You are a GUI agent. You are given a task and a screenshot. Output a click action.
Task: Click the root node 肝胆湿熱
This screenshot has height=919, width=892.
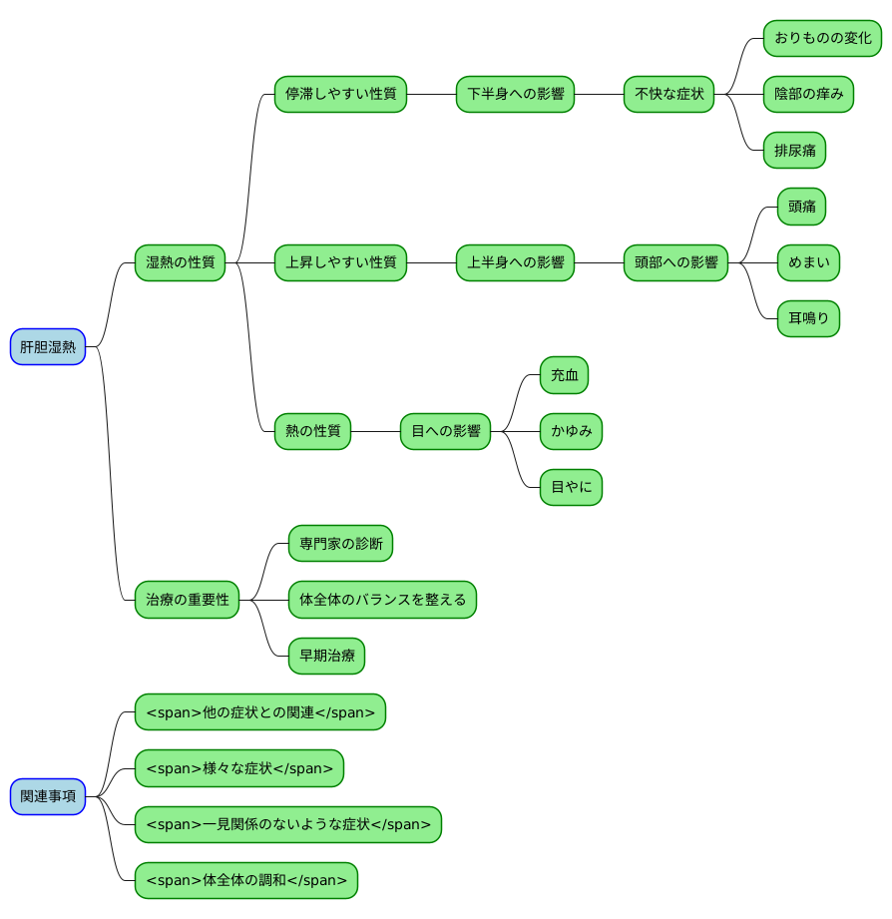[x=48, y=347]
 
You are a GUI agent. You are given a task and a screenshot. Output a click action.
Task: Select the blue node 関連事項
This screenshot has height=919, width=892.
[x=48, y=796]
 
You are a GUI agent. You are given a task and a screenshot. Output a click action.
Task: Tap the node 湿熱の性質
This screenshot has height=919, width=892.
[x=180, y=262]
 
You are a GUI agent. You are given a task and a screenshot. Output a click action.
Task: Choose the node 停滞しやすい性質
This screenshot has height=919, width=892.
[x=340, y=94]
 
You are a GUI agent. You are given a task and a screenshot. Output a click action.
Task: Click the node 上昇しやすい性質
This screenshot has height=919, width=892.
[x=340, y=262]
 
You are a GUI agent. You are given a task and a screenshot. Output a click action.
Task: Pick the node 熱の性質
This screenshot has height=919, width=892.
[x=312, y=431]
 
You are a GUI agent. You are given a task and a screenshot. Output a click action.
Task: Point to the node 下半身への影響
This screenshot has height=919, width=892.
[x=515, y=94]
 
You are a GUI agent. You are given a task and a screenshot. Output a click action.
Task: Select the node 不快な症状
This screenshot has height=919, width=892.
[x=669, y=94]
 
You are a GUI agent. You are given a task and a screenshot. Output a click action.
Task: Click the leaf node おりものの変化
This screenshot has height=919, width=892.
[x=822, y=38]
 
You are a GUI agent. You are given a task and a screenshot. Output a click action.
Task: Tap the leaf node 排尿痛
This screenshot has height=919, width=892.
[x=794, y=150]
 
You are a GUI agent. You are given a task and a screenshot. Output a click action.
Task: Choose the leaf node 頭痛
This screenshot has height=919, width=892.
[x=801, y=207]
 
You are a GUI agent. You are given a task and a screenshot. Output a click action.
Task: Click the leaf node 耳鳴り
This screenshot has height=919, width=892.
[x=808, y=319]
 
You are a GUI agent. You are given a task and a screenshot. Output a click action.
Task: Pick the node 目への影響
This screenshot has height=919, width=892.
[x=445, y=431]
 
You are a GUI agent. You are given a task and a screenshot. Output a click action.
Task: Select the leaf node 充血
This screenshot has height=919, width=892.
[x=564, y=375]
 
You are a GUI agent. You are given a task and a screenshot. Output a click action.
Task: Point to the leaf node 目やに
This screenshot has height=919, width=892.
[x=571, y=487]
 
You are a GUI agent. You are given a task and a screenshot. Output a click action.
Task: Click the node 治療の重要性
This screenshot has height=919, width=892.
[x=187, y=600]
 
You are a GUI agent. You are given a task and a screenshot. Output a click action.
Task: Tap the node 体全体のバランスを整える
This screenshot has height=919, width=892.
[x=382, y=600]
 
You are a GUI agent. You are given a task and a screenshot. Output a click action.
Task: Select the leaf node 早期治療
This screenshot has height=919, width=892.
[x=326, y=656]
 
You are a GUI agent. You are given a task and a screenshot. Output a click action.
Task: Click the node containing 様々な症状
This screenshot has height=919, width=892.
[x=239, y=768]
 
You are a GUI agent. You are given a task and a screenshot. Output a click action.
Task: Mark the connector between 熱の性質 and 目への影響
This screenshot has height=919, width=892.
[x=376, y=431]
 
